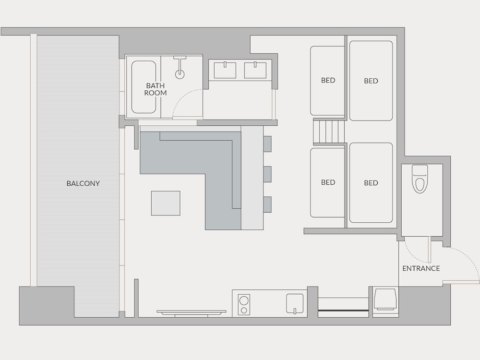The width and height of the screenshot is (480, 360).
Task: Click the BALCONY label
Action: [83, 183]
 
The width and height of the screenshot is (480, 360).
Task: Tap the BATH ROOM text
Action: [156, 89]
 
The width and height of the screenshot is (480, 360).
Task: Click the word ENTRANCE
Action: [421, 268]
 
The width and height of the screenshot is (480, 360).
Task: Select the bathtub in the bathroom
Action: [144, 87]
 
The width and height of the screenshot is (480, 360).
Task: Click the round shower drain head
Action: [180, 74]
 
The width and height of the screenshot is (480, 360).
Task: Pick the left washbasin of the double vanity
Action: [225, 70]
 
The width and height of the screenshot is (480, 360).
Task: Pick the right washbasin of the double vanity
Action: [255, 70]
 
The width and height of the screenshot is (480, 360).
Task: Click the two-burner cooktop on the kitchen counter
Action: [244, 304]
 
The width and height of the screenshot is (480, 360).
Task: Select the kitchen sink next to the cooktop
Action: [295, 304]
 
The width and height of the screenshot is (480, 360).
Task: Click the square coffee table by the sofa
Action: [166, 203]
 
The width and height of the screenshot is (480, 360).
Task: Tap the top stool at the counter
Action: [267, 144]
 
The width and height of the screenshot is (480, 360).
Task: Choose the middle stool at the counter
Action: [267, 174]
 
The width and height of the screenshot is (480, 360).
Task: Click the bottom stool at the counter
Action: [267, 204]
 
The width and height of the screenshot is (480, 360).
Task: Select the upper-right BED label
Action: [371, 81]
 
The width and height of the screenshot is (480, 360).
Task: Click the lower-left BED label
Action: [328, 182]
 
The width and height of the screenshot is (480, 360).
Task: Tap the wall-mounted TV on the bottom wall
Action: [192, 312]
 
